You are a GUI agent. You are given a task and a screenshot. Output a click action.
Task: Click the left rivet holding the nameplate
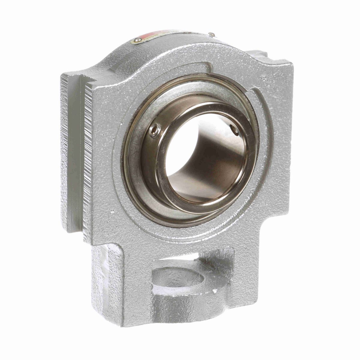click(x=138, y=40)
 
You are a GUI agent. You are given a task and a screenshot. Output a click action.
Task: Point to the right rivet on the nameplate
click(x=212, y=34)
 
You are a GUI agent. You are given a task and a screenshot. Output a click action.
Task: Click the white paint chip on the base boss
click(x=214, y=290)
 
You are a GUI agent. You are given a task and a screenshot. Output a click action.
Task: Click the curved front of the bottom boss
click(x=186, y=306)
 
